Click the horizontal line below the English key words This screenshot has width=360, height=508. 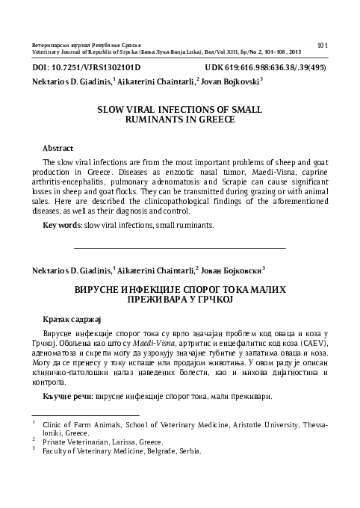[x=180, y=247]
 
